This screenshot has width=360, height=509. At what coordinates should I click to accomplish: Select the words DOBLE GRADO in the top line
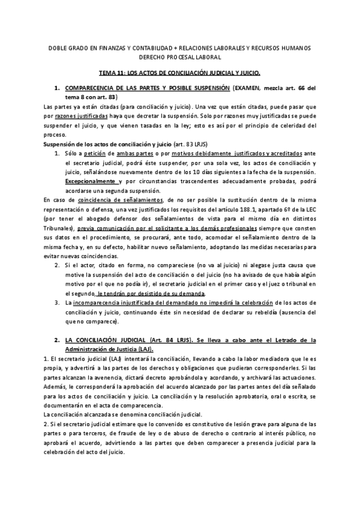pos(62,47)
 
